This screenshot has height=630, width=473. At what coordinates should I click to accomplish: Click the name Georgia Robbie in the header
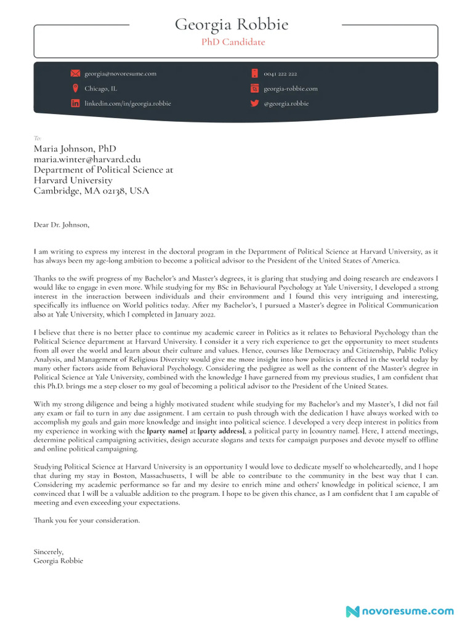tap(232, 25)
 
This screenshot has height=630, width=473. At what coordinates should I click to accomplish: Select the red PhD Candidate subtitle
tap(233, 42)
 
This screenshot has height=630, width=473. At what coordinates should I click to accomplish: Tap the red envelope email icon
tap(75, 74)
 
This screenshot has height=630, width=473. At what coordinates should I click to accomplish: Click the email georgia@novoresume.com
tap(120, 74)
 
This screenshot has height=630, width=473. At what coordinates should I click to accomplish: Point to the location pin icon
tap(75, 89)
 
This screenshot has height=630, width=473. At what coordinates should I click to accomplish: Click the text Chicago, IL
tap(100, 89)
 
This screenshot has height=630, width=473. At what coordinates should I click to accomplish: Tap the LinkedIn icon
tap(75, 103)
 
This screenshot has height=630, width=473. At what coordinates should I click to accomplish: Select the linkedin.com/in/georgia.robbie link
tap(127, 103)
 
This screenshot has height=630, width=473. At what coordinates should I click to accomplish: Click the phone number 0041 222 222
tap(280, 74)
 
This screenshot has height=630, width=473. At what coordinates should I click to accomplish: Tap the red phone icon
tap(254, 74)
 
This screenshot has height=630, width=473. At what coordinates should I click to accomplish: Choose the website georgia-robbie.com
tap(291, 89)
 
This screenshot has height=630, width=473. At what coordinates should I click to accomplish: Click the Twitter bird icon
tap(254, 103)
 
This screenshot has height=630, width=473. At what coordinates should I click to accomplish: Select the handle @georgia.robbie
tap(286, 103)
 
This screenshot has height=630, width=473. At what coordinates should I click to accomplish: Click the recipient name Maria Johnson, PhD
tap(75, 149)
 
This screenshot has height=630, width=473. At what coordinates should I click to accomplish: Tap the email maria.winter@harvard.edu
tap(87, 159)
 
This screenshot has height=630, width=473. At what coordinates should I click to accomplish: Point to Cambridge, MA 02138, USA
tap(91, 191)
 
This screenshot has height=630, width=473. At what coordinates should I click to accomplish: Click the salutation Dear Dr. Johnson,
tap(61, 225)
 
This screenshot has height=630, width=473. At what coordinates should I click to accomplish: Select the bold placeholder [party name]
tap(166, 433)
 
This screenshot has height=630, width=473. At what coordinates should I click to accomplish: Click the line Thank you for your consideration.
tap(87, 520)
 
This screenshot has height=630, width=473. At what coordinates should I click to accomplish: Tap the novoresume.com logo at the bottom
tap(400, 611)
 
